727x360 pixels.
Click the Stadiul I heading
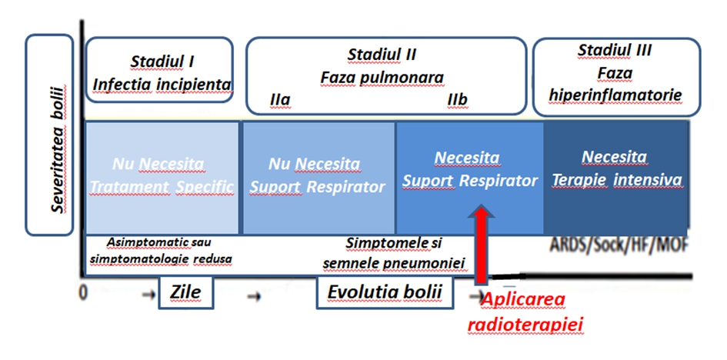click(162, 59)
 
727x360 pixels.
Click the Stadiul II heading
click(382, 55)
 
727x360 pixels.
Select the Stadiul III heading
click(615, 51)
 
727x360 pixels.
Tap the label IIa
click(280, 100)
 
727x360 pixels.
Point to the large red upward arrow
click(482, 245)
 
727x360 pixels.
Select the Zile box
click(185, 293)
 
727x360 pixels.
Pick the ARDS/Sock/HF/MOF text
click(619, 246)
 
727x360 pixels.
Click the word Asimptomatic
click(141, 242)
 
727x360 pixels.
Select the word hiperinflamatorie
click(615, 95)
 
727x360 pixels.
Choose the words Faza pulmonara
click(382, 78)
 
